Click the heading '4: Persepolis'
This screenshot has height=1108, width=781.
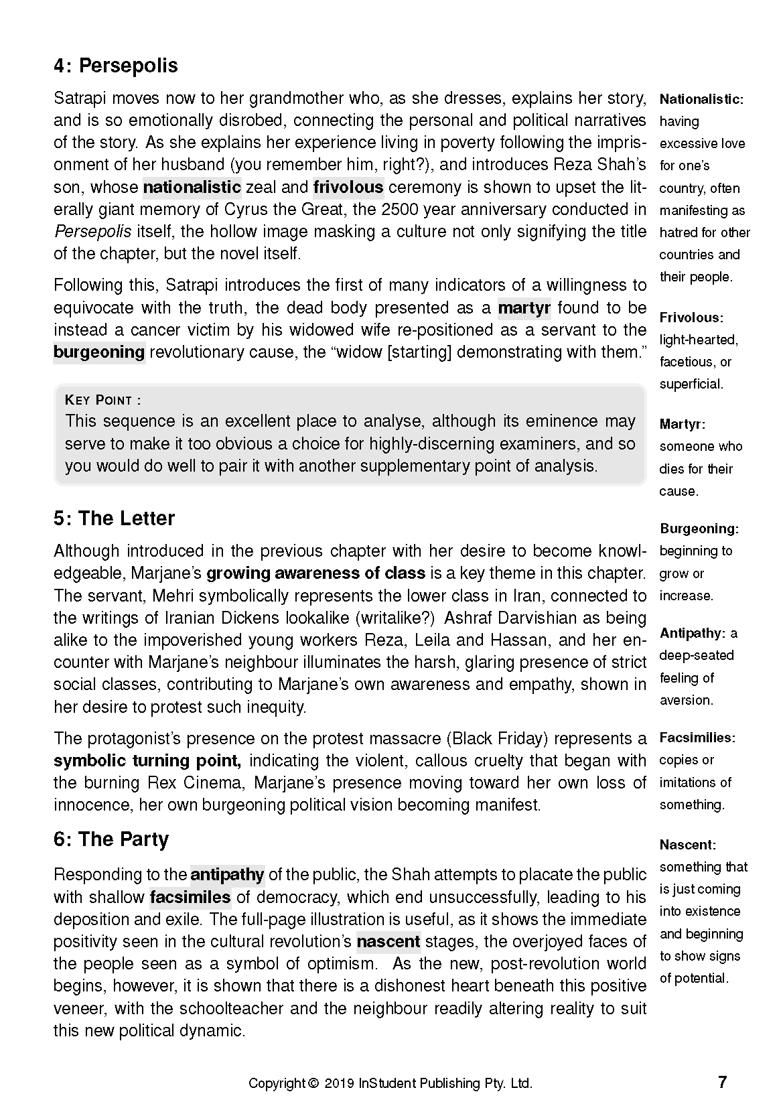tap(116, 66)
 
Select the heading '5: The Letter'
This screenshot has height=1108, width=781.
tap(114, 518)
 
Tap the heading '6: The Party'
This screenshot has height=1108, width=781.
tap(111, 839)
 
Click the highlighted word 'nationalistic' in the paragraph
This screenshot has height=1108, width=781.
tap(192, 187)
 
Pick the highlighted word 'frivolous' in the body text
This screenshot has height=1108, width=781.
tap(348, 187)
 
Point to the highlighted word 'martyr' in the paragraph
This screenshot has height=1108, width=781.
tap(524, 308)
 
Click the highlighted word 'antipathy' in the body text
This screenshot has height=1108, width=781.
tap(227, 875)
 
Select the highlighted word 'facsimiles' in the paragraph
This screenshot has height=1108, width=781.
tap(190, 897)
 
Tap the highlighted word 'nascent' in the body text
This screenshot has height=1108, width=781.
tap(388, 941)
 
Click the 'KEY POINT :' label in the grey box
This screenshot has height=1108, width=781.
tap(103, 401)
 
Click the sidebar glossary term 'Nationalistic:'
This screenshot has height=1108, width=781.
tap(701, 100)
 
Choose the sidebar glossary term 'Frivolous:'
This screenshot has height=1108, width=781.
tap(691, 318)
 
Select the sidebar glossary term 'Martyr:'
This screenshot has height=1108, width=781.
tap(683, 424)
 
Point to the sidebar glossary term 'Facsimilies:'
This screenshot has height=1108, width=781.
tap(697, 738)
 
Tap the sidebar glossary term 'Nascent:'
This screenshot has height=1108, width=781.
tap(687, 845)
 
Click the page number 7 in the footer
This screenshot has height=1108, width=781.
tap(722, 1082)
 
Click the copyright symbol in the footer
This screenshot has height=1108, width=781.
tap(313, 1083)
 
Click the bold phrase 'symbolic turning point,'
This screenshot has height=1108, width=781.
tap(147, 761)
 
